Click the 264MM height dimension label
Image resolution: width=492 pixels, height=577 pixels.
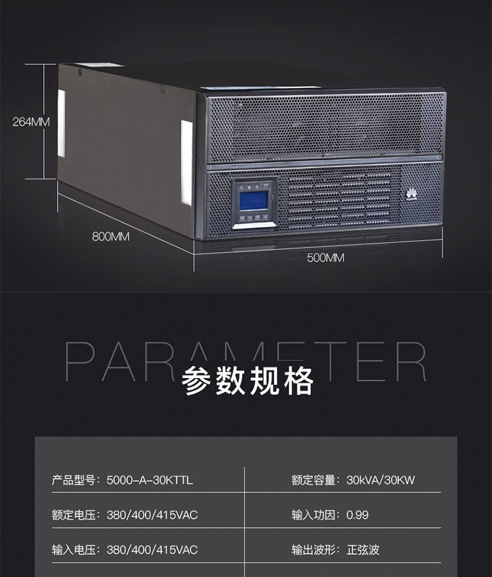click(31, 122)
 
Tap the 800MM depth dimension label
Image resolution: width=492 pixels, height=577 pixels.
click(111, 236)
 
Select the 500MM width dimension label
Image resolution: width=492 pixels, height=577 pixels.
click(326, 257)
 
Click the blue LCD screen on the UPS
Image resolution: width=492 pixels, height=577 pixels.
click(254, 201)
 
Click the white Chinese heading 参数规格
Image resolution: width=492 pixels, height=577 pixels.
click(247, 381)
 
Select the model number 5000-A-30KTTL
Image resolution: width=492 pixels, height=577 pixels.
click(150, 481)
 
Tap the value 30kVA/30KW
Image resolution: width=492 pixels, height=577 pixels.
click(380, 481)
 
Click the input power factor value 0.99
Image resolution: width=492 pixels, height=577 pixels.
click(358, 515)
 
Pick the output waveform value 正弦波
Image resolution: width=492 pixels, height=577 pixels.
click(363, 550)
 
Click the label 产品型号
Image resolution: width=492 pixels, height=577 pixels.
click(73, 481)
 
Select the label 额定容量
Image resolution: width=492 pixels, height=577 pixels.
click(314, 481)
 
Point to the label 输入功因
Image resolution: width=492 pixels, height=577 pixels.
click(314, 515)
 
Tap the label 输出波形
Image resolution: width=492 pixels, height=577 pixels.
click(314, 550)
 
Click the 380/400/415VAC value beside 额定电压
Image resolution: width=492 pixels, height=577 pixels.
click(152, 515)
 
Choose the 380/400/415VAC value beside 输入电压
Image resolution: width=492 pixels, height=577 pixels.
click(152, 550)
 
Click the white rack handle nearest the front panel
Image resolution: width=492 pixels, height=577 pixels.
click(187, 162)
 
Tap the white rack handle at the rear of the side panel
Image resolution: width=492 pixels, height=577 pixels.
click(62, 123)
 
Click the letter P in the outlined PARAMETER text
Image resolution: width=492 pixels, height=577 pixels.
click(80, 361)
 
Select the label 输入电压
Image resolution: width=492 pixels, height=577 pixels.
click(73, 550)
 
